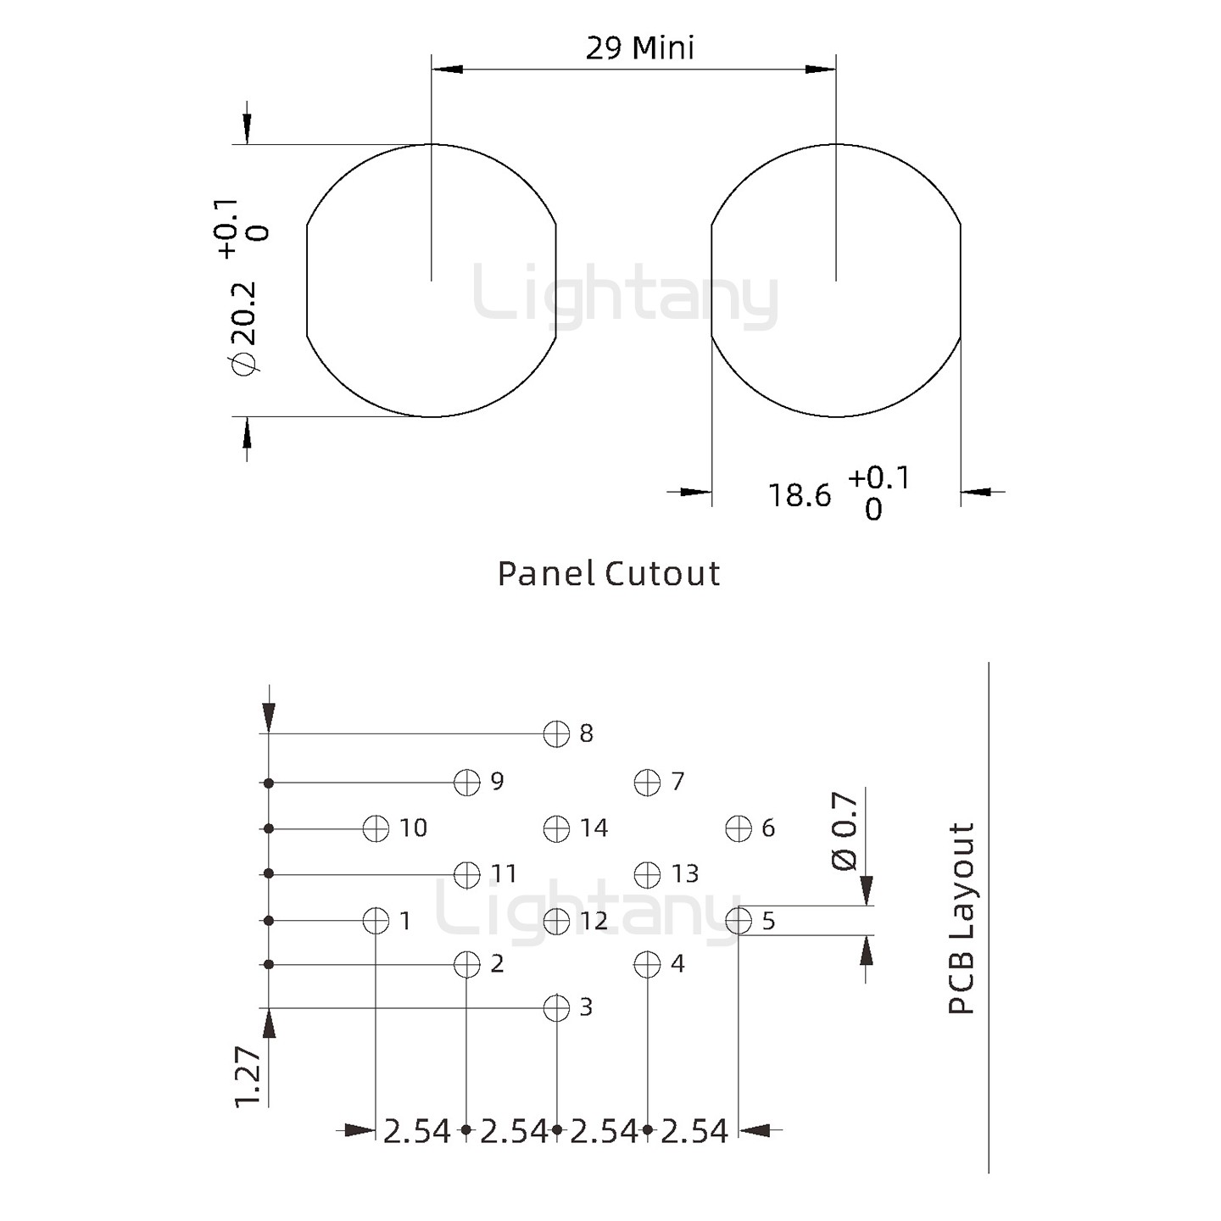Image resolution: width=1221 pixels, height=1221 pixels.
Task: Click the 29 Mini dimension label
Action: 639,48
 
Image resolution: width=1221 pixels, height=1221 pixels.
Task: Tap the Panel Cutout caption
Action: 609,574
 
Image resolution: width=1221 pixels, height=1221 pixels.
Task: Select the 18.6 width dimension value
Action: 800,495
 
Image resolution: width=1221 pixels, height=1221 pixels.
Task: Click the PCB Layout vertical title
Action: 962,918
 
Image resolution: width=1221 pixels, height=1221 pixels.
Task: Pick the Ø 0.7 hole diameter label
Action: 845,831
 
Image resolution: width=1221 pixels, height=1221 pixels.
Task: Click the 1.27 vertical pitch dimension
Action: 248,1077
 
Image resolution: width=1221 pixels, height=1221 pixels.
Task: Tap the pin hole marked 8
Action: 556,733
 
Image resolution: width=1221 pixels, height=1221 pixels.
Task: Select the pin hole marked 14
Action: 556,828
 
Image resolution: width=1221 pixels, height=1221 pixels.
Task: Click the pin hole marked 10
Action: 376,828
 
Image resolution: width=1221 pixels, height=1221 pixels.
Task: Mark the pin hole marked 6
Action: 739,828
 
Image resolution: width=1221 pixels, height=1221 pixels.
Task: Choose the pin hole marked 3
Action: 556,1008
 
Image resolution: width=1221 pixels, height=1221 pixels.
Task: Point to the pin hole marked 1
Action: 376,920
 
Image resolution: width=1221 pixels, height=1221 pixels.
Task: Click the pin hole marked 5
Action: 739,920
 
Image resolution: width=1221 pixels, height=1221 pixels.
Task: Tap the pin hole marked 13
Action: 647,874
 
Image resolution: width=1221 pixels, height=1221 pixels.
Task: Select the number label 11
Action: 504,873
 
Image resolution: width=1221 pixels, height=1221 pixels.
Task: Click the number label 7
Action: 677,781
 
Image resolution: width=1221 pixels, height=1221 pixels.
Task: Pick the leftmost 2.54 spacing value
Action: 417,1131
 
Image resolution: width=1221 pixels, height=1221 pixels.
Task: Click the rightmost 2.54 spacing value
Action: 694,1131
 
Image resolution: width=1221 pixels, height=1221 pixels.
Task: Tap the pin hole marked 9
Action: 467,782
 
